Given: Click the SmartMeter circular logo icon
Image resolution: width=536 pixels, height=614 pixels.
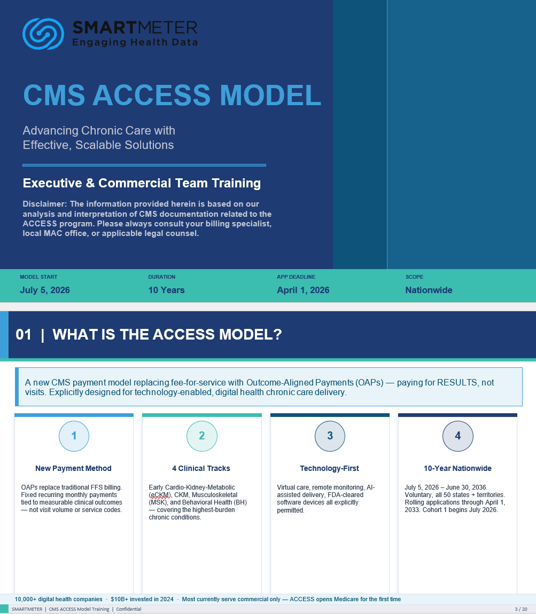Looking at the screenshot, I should [x=43, y=34].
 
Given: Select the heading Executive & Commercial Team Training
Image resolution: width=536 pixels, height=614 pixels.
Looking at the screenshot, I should [x=142, y=183].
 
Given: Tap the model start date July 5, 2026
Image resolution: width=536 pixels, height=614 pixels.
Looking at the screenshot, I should [x=45, y=290].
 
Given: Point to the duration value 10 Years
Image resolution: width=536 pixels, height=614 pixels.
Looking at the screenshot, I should [x=166, y=290].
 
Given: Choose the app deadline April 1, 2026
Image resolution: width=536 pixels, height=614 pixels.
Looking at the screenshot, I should [x=303, y=290].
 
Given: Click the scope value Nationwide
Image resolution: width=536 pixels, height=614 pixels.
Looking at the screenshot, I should [x=429, y=290].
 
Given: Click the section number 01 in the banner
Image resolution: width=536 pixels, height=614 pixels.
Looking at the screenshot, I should [x=24, y=335].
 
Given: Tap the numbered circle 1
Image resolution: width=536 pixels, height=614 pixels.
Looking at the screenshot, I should [x=74, y=436].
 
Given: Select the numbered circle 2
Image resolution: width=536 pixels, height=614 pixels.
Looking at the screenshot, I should [x=201, y=436].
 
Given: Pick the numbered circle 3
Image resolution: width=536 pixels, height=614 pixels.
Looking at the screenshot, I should [x=330, y=436].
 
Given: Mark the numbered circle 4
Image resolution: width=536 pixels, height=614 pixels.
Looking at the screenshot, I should [x=457, y=436].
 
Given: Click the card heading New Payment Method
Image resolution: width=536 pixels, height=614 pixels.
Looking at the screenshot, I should [x=73, y=468].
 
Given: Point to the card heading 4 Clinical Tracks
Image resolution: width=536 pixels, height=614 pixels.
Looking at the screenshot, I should [x=201, y=468].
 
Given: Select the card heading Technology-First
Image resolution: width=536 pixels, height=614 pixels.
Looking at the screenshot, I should [x=329, y=468].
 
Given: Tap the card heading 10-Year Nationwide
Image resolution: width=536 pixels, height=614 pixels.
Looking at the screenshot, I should [x=457, y=468].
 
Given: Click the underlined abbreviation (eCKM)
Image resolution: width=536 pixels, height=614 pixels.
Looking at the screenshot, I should [x=160, y=495].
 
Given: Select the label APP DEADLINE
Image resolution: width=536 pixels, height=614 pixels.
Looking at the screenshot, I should [x=296, y=277].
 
